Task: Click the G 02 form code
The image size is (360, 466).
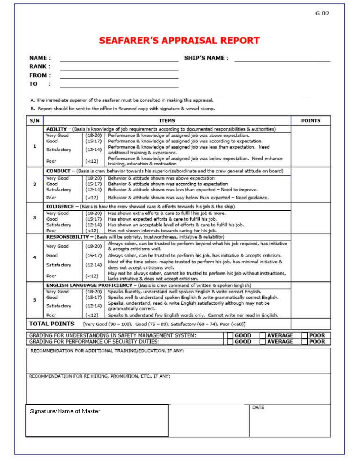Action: click(x=322, y=14)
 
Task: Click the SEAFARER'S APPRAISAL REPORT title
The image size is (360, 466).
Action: click(x=179, y=41)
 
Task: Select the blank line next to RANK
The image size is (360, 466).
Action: click(x=119, y=67)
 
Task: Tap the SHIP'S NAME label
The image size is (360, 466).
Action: click(x=206, y=58)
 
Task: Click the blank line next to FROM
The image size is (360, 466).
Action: click(x=119, y=76)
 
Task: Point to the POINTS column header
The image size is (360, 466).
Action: click(x=310, y=121)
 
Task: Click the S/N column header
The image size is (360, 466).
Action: click(x=34, y=121)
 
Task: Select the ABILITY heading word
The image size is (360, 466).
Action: click(x=56, y=129)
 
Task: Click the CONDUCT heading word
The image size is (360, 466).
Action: click(x=58, y=171)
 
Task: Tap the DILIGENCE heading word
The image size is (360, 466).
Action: click(x=60, y=206)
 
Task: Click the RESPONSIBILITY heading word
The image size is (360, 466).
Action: click(x=67, y=237)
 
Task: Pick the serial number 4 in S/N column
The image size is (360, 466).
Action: click(x=34, y=257)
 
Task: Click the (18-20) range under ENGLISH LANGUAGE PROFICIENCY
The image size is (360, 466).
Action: click(x=94, y=292)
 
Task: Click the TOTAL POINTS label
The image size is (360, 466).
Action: click(x=52, y=324)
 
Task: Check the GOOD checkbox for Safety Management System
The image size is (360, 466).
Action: click(x=230, y=335)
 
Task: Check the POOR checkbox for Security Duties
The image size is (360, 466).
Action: click(x=304, y=342)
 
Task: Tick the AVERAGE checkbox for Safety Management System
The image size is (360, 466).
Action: click(x=262, y=335)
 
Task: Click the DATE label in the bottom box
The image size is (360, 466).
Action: click(x=258, y=407)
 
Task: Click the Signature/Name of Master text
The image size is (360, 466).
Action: click(x=65, y=411)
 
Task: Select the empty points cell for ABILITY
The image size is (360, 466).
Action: click(x=310, y=146)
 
